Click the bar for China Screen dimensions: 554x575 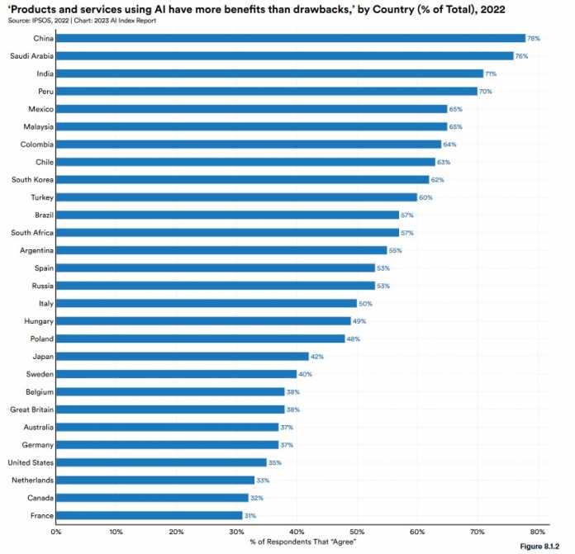tap(291, 38)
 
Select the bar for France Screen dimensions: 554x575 tap(150, 515)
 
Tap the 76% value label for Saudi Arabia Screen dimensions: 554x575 tap(544, 56)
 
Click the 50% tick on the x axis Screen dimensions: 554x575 tap(357, 532)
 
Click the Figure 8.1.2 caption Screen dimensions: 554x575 tap(545, 547)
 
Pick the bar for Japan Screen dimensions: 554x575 tap(183, 357)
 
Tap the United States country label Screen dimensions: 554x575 tap(31, 462)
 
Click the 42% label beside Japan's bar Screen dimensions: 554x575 tap(316, 357)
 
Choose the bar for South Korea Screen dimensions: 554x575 tap(243, 179)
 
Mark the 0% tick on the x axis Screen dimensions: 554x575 tap(56, 532)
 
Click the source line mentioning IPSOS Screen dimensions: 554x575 tap(81, 19)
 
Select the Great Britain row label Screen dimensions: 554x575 tap(32, 410)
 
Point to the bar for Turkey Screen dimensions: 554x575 tap(237, 197)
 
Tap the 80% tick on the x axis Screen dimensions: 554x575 tap(537, 532)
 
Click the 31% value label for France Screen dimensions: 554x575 tap(250, 515)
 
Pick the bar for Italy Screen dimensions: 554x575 tap(207, 303)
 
